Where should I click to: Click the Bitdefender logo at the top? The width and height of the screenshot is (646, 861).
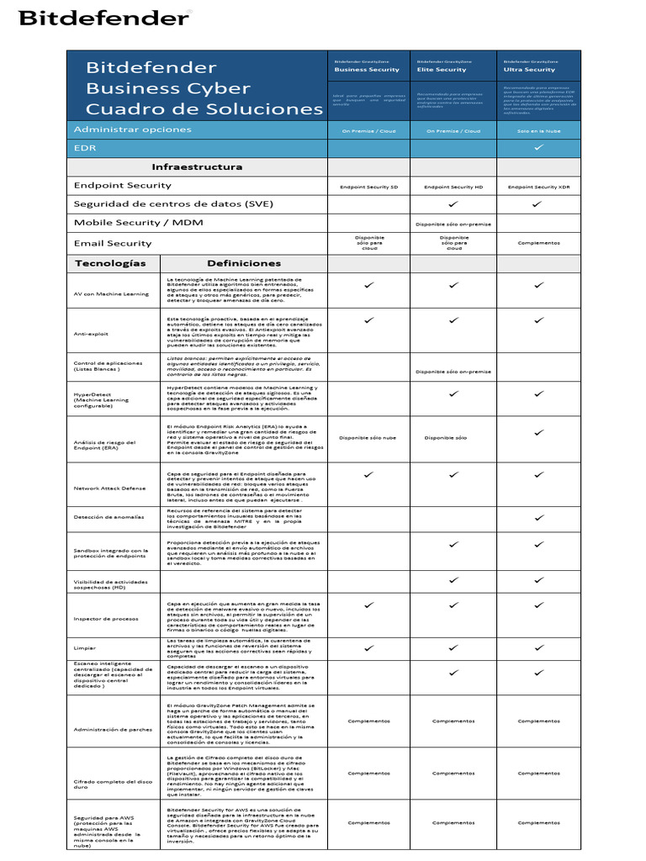click(x=104, y=18)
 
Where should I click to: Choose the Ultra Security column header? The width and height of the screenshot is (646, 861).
click(x=529, y=70)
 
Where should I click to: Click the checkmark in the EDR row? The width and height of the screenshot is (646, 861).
click(x=539, y=147)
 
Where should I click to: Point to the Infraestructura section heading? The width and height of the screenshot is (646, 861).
click(x=197, y=166)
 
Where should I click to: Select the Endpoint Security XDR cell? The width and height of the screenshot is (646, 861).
click(x=538, y=187)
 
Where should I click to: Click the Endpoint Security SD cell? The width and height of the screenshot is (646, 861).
click(x=369, y=187)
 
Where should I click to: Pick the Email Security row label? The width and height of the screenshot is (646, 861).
click(x=113, y=243)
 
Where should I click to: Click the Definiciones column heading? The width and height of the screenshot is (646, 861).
click(x=243, y=263)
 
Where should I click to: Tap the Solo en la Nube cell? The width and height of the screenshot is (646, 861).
click(x=538, y=131)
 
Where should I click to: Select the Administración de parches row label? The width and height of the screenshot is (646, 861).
click(x=113, y=729)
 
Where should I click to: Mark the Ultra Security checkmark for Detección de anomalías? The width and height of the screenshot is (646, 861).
click(x=539, y=517)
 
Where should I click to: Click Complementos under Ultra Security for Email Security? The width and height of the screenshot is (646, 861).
click(x=538, y=243)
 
